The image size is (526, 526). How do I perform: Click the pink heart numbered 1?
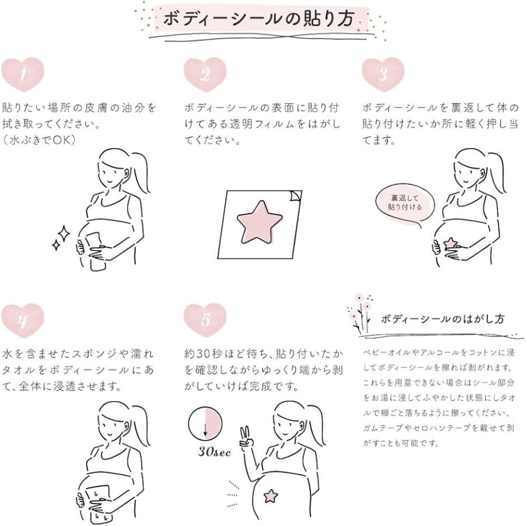pos(22,74)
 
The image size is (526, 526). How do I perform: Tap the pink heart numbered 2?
pos(205,74)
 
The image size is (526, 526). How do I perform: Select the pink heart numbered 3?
pos(383,74)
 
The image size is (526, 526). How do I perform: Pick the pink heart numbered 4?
pos(22,320)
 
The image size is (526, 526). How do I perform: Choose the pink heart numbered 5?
pos(205,320)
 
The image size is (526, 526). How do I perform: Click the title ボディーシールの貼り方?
pos(259,19)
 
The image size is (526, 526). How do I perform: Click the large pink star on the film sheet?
pos(259,222)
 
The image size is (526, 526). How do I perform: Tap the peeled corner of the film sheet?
pos(295,196)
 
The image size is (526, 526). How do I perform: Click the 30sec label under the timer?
pos(214,452)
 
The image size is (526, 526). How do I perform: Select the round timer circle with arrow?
pos(205,424)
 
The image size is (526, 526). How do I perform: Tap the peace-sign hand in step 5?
pos(246,438)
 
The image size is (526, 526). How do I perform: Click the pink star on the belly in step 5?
pos(271,496)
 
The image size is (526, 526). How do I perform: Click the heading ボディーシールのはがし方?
pos(442,319)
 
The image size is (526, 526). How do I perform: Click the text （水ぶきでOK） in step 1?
pos(39,140)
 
